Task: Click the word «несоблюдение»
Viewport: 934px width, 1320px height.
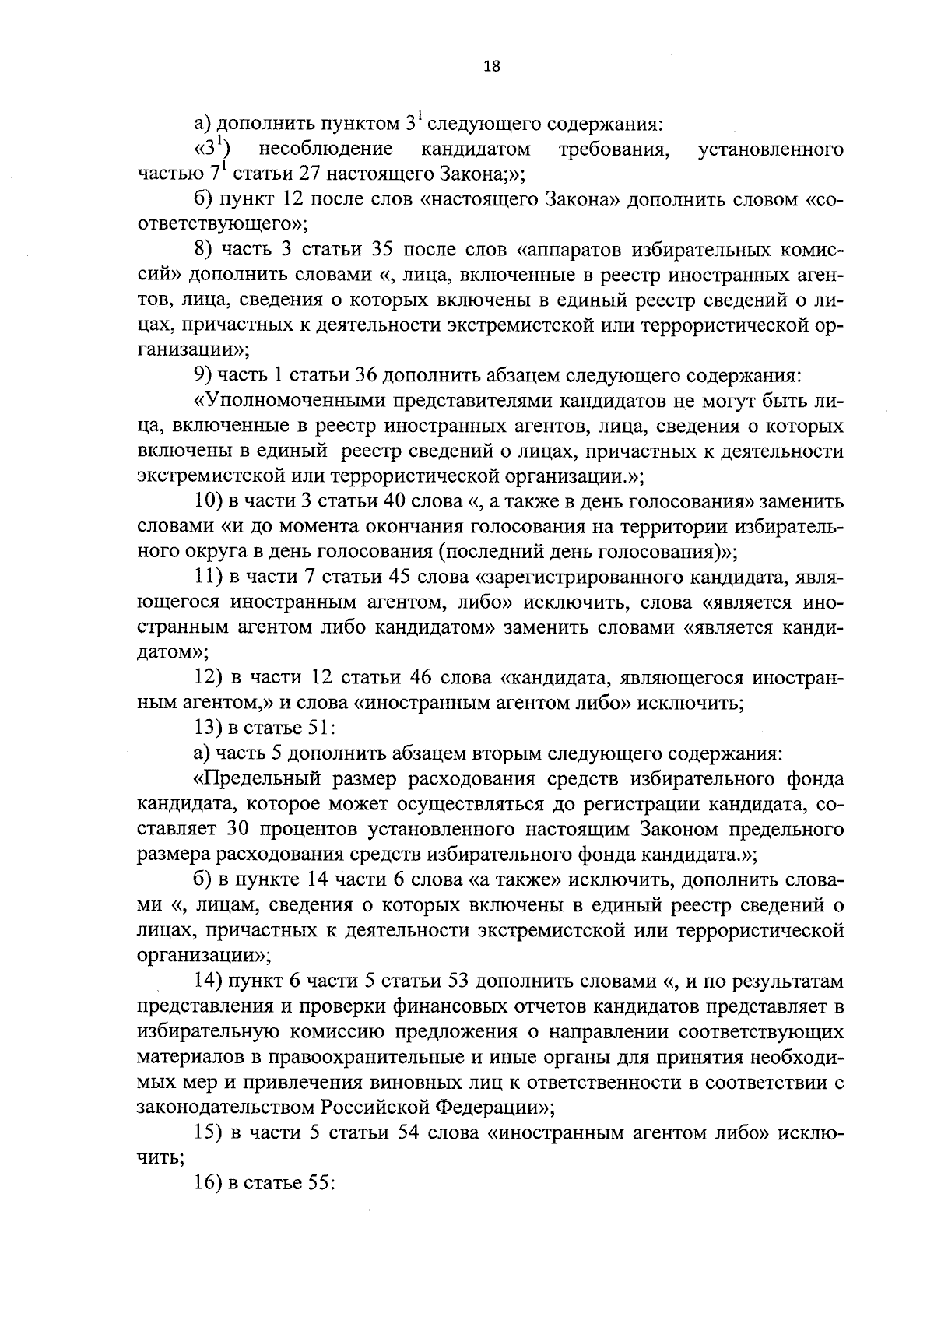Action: tap(326, 149)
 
